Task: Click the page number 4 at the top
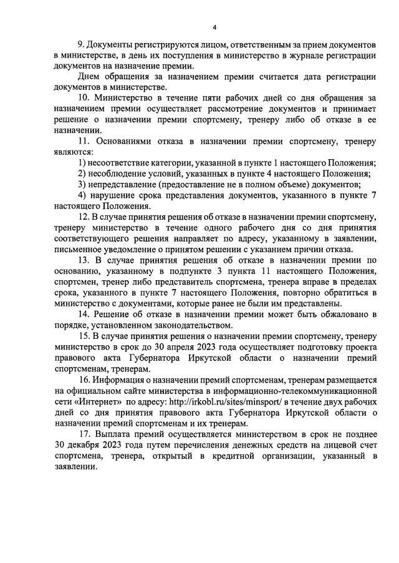coord(214,27)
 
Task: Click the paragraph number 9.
coord(79,46)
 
